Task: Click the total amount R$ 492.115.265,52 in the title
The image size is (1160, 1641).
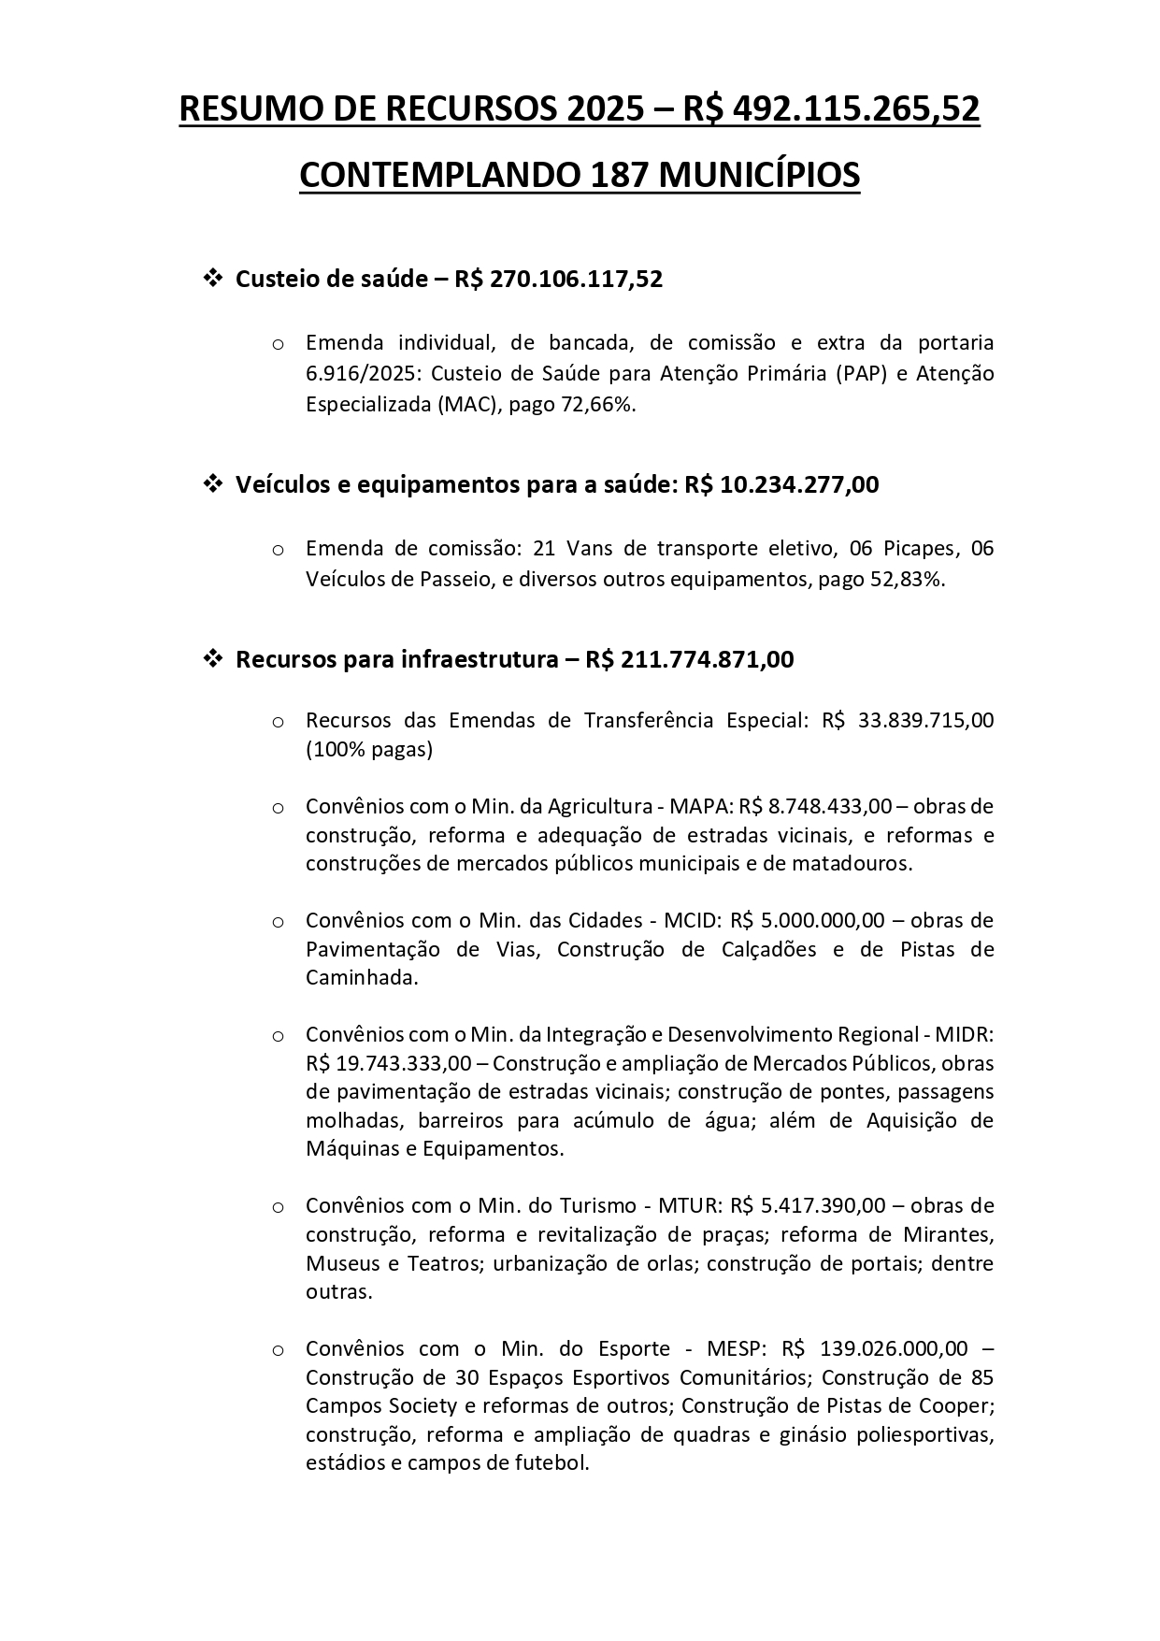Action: pos(831,109)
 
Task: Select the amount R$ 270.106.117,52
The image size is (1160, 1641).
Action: pos(559,279)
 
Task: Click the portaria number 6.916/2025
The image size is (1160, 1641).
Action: pos(362,373)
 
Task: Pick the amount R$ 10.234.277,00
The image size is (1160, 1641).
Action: pos(781,484)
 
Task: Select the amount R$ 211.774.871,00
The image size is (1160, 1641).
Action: pos(690,659)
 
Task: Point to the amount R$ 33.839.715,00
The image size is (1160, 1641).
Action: pos(908,720)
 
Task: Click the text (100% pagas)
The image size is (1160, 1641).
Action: pos(369,750)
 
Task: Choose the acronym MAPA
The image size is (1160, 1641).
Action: pos(707,806)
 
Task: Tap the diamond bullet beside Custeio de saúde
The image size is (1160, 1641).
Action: pos(212,278)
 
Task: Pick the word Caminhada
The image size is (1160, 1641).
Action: pos(361,978)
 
